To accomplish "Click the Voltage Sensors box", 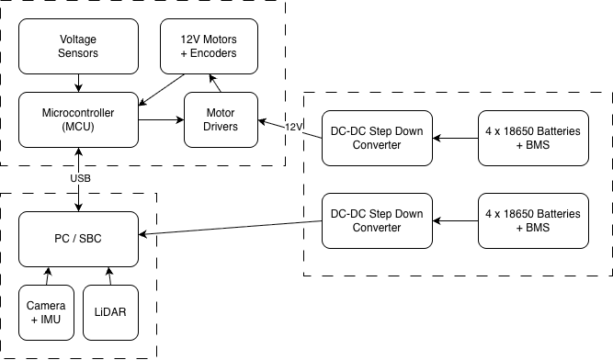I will pos(78,47).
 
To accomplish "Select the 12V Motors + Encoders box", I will pos(211,47).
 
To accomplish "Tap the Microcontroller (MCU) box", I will pos(78,119).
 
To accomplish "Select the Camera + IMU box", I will pos(46,311).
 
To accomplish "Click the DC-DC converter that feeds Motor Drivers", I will pos(376,138).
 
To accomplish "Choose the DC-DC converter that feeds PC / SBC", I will pos(376,220).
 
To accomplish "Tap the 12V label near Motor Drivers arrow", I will pos(294,127).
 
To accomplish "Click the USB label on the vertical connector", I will pos(80,177).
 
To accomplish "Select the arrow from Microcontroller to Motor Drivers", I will pos(160,119).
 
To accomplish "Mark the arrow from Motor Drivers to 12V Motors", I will pos(218,84).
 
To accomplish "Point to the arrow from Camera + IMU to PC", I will pos(46,276).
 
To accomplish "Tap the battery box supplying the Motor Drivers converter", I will pos(532,138).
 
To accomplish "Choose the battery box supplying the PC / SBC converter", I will pos(532,220).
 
